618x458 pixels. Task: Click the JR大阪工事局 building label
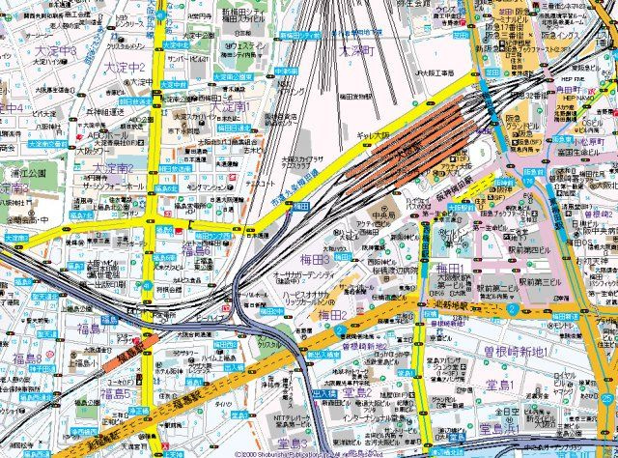436,70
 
